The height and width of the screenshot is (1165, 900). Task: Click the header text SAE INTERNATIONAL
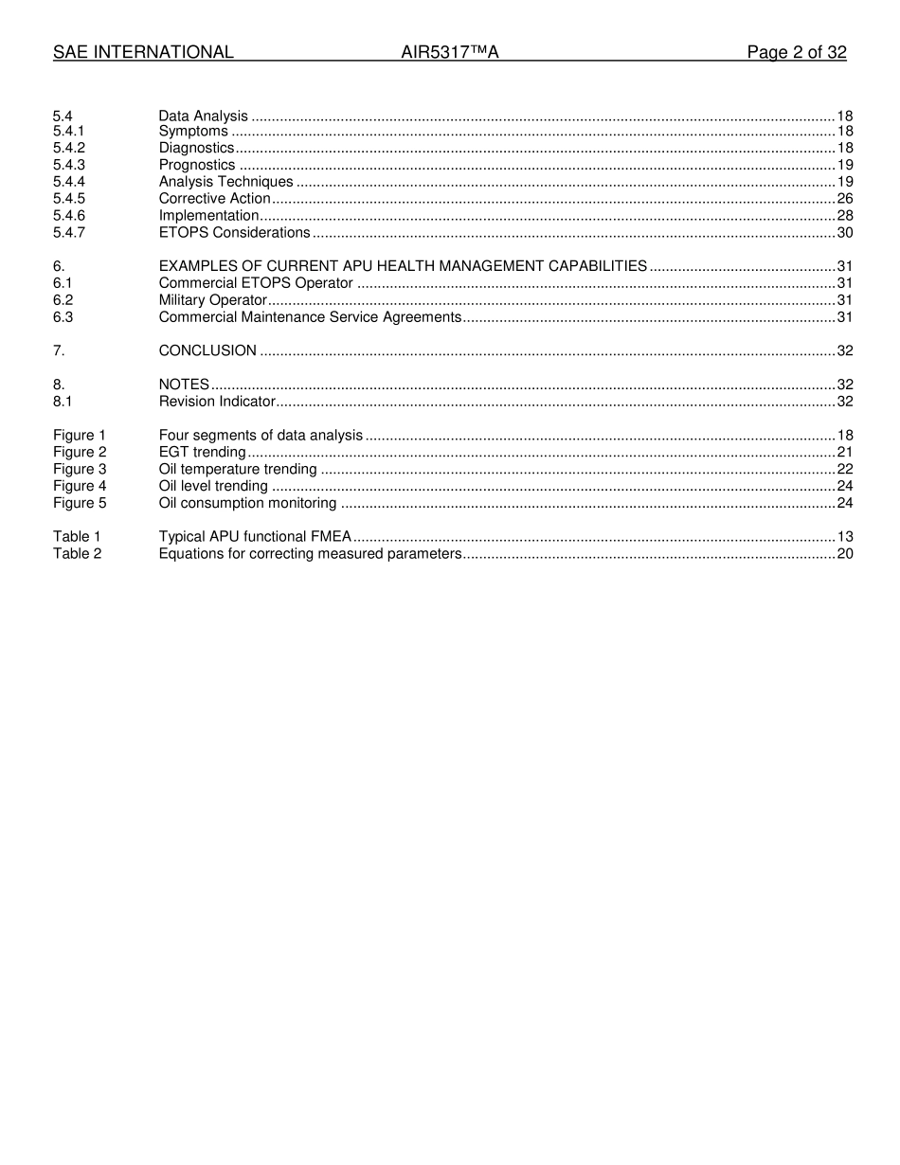(143, 53)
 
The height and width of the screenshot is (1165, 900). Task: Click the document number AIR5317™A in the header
(450, 53)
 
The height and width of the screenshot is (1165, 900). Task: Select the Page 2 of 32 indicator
(796, 53)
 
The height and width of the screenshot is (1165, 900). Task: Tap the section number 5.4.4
(69, 182)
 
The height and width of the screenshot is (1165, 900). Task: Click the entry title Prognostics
(197, 165)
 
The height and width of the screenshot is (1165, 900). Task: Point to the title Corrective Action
(215, 199)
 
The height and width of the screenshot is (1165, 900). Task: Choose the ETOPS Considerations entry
(234, 233)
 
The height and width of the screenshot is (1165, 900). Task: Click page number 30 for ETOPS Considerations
(845, 233)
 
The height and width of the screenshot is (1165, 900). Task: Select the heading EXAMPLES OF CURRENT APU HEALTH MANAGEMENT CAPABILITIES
(403, 266)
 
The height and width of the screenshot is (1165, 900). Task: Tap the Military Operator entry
(213, 300)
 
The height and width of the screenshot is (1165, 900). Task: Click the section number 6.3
(63, 317)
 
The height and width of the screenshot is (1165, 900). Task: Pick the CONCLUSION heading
(207, 350)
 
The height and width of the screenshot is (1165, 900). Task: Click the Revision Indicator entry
(217, 402)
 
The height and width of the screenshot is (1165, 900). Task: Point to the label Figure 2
(80, 453)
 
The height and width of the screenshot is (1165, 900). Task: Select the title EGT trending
(203, 453)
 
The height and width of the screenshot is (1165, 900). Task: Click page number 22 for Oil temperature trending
(845, 470)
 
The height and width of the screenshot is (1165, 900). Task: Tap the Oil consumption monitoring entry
(247, 503)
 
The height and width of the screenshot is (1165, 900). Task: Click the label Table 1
(77, 537)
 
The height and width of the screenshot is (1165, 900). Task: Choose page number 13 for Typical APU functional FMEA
(845, 537)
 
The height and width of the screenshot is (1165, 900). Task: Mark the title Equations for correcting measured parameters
(310, 554)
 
